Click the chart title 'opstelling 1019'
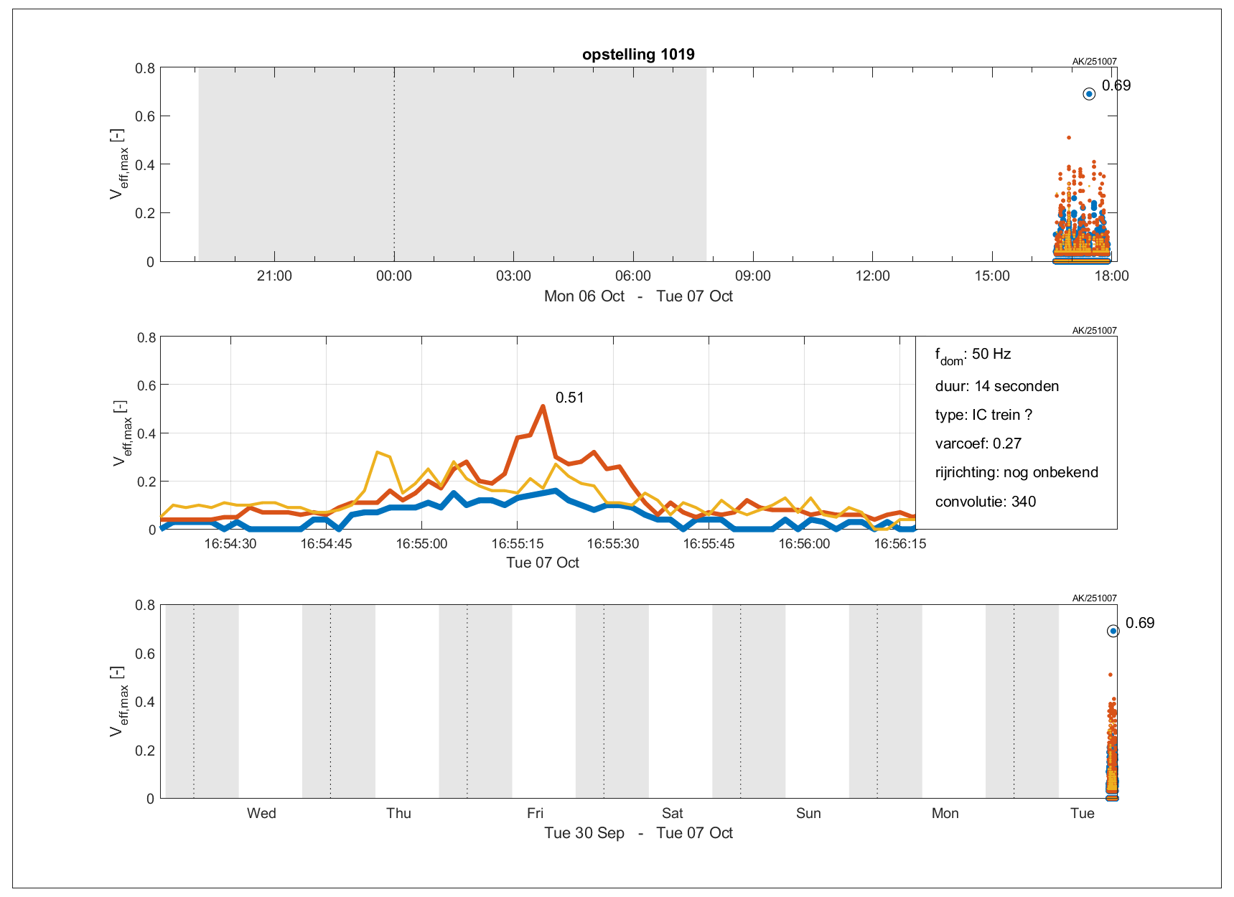[638, 55]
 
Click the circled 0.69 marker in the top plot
[1089, 94]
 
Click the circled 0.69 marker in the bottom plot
[1113, 631]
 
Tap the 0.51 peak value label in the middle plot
[569, 398]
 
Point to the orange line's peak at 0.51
[543, 406]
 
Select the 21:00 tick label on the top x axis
[274, 276]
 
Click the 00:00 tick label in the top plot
[394, 276]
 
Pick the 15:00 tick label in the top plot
[992, 276]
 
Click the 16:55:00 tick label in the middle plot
[421, 544]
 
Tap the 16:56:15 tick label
[899, 544]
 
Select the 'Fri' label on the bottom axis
[535, 813]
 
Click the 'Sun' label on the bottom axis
[808, 813]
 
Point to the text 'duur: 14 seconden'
[996, 386]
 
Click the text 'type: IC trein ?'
[983, 415]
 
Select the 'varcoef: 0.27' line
[978, 443]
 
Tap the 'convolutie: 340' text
[985, 502]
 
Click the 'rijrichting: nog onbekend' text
[1016, 472]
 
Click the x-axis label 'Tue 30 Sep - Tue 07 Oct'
[638, 833]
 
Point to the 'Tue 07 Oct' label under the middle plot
[542, 563]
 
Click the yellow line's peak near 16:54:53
[378, 452]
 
